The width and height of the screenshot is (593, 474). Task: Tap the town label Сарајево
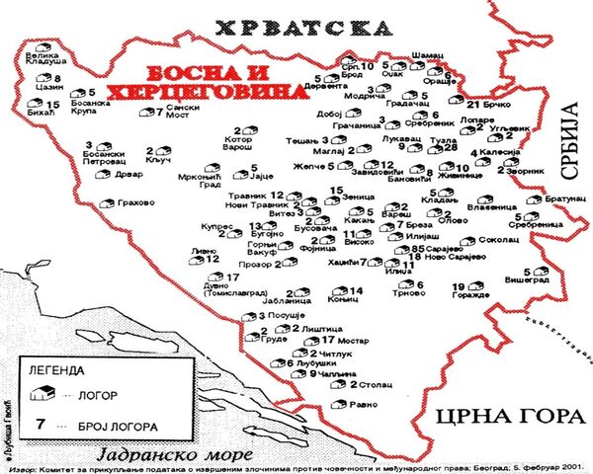tap(446, 250)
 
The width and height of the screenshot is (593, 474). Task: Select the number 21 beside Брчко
tap(471, 104)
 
